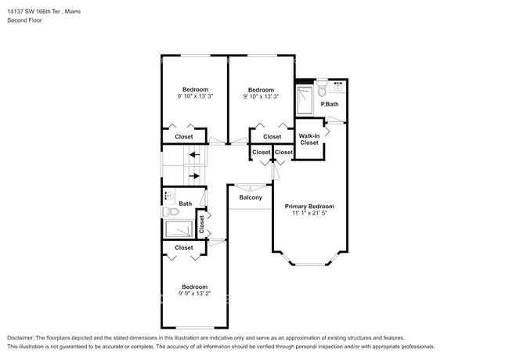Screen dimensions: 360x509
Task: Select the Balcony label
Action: [x=251, y=197]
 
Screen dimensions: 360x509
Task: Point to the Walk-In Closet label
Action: [x=309, y=139]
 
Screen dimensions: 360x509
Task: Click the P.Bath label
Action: [x=330, y=104]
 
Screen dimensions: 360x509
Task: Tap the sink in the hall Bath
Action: [x=168, y=196]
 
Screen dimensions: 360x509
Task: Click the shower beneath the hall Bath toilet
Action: [x=179, y=229]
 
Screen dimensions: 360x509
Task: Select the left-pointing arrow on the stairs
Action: [x=193, y=155]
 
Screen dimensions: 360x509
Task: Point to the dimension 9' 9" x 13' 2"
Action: [x=194, y=293]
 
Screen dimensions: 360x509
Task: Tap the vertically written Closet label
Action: [x=201, y=225]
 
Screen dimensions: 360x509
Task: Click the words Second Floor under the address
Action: [x=25, y=20]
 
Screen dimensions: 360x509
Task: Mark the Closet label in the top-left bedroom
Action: [x=183, y=137]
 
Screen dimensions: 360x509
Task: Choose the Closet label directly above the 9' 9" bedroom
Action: [x=183, y=248]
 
